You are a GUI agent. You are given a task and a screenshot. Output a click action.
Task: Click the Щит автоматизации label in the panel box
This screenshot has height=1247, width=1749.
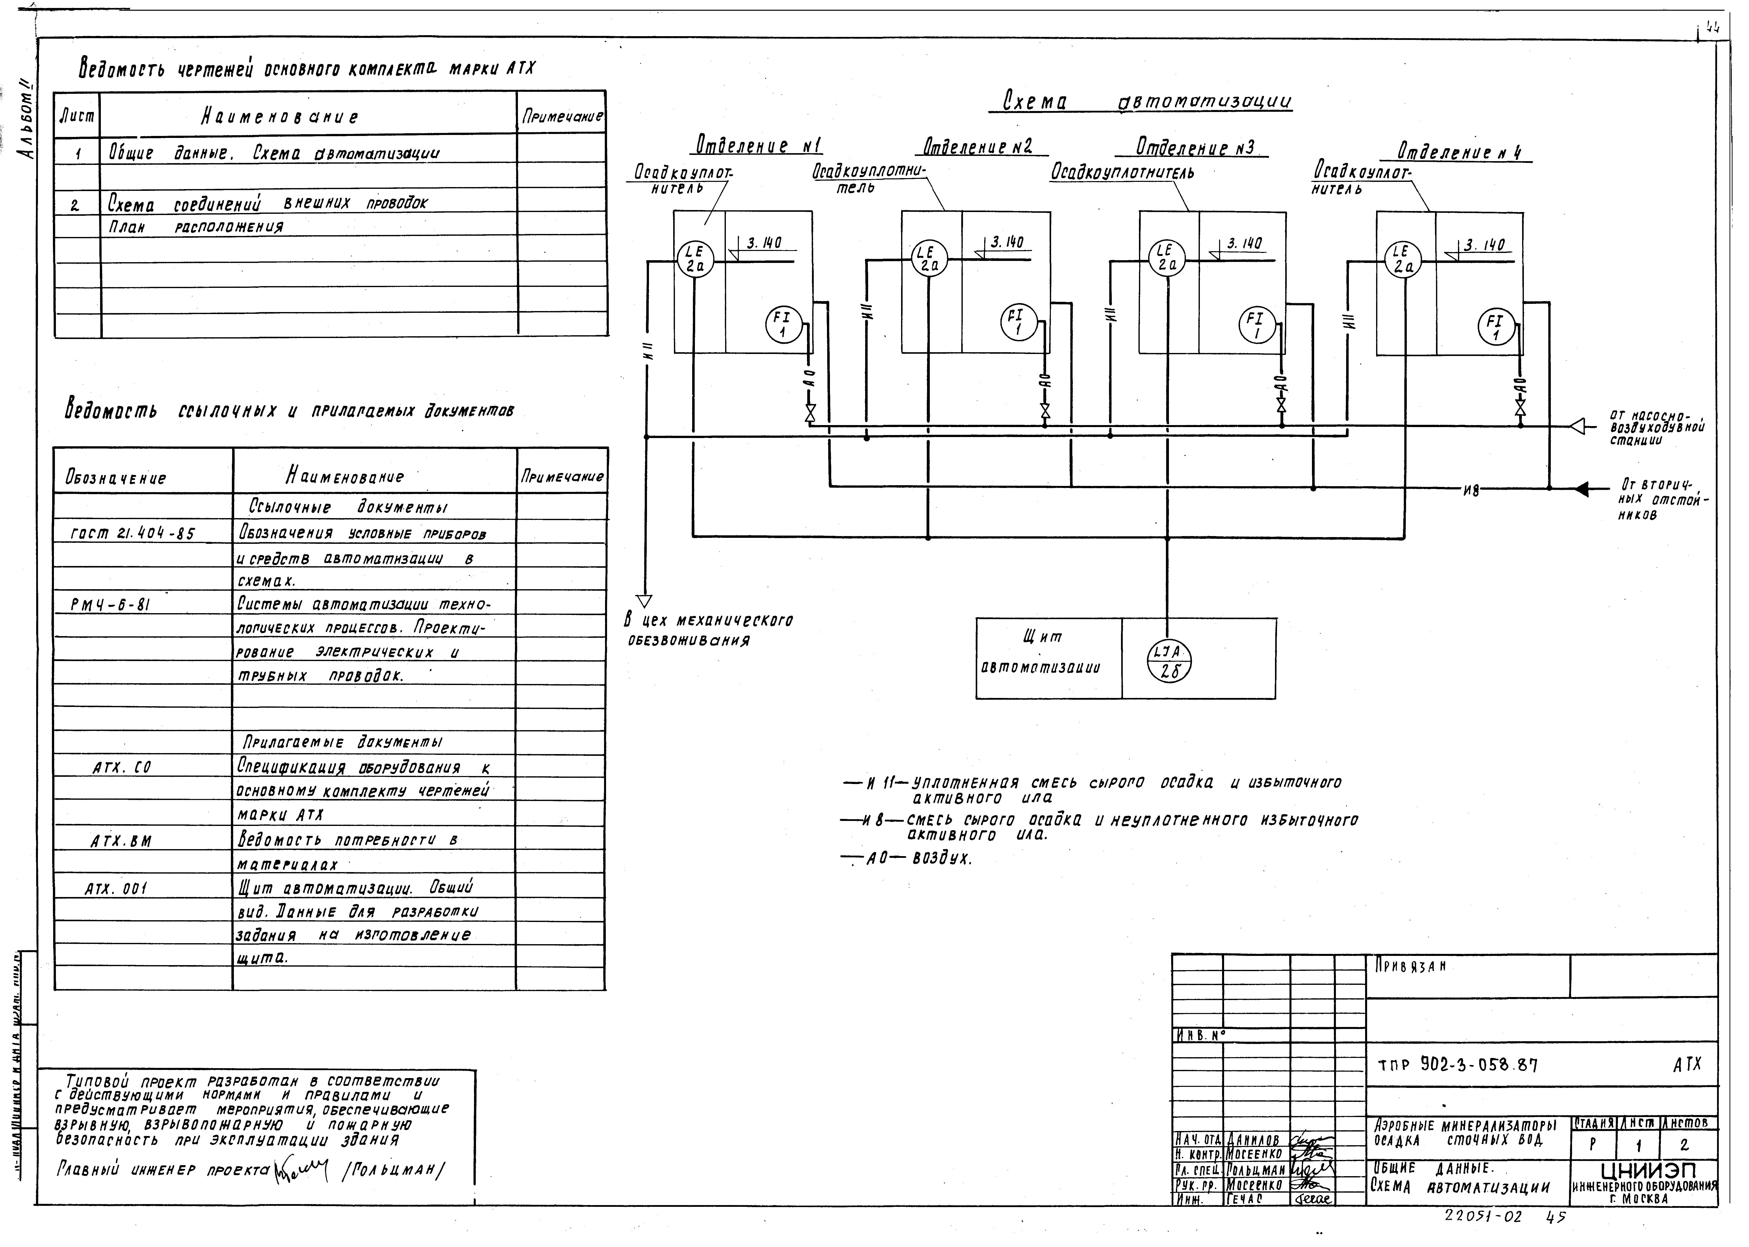[x=1041, y=653]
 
